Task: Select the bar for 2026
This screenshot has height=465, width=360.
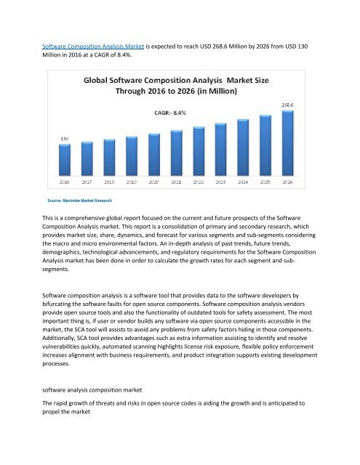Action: coord(287,142)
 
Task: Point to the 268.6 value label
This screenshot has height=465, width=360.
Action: coord(287,106)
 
